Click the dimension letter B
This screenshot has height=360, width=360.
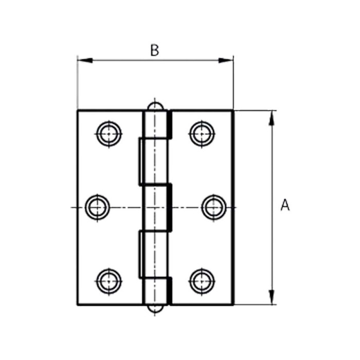click(154, 50)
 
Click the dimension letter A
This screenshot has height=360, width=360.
click(285, 205)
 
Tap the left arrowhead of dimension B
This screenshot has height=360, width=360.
click(85, 60)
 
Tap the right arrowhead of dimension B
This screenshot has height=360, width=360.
click(225, 60)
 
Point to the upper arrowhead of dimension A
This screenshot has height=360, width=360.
click(272, 118)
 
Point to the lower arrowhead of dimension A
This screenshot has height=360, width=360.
click(272, 297)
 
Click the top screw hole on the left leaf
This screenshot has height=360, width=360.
click(109, 134)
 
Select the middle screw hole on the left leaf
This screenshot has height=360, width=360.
click(97, 207)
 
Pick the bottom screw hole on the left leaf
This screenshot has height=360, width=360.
click(109, 281)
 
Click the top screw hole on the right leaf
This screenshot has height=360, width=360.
click(202, 134)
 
